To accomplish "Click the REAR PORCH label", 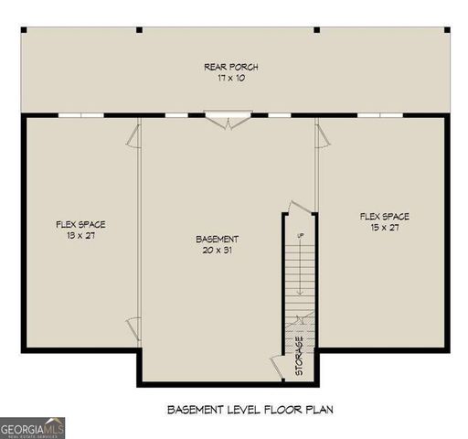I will pyautogui.click(x=231, y=67).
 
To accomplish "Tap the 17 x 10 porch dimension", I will pyautogui.click(x=231, y=79).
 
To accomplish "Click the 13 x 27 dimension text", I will pyautogui.click(x=76, y=235).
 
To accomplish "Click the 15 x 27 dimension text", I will pyautogui.click(x=384, y=228).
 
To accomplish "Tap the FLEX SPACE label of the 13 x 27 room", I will pyautogui.click(x=76, y=224).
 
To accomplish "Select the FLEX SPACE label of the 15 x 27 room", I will pyautogui.click(x=384, y=217).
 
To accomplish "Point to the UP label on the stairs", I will pyautogui.click(x=299, y=237).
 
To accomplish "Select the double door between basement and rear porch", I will pyautogui.click(x=225, y=121).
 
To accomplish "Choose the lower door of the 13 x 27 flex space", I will pyautogui.click(x=133, y=325).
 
